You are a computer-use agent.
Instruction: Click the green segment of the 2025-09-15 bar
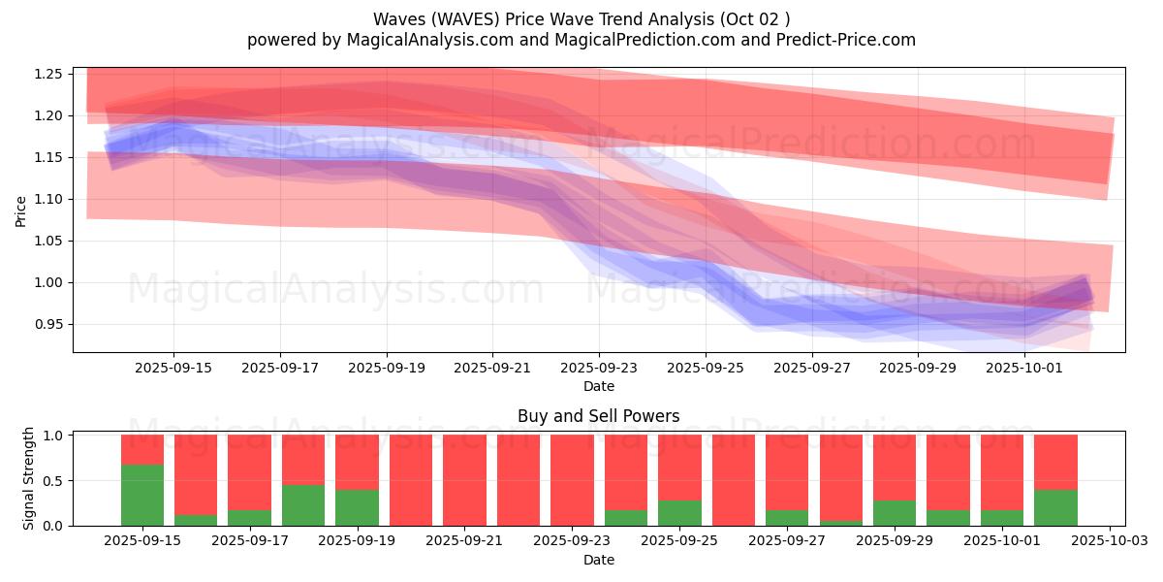[x=142, y=495]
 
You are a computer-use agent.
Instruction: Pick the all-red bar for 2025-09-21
[x=464, y=480]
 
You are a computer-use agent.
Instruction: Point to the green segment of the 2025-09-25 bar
[x=679, y=513]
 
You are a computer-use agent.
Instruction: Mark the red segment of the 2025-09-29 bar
[x=894, y=467]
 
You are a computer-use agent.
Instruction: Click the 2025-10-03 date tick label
[x=1109, y=540]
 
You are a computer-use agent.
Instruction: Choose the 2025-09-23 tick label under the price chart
[x=599, y=368]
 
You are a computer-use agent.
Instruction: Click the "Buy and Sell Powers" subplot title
[x=598, y=416]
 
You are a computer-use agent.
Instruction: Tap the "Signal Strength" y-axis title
[x=29, y=478]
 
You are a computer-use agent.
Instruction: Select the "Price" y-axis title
[x=21, y=210]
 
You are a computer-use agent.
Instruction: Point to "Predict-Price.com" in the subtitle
[x=849, y=40]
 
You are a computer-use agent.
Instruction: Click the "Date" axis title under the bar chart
[x=598, y=560]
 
